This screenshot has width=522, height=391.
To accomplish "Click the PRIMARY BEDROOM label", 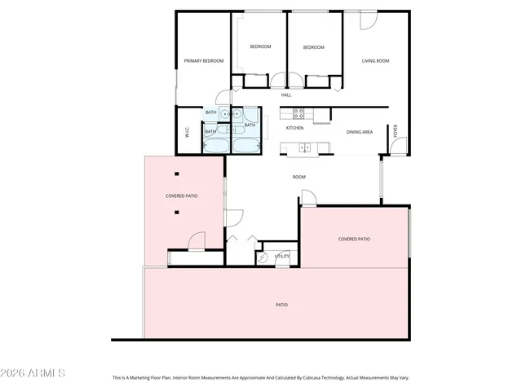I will [x=203, y=61].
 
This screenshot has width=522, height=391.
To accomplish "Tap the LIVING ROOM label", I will [x=375, y=61].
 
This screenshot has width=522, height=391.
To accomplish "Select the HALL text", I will [x=286, y=94].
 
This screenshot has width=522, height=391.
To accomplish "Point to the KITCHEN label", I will [x=294, y=128].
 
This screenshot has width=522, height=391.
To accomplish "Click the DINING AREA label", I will [x=360, y=131].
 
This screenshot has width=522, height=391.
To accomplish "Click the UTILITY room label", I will [x=282, y=256].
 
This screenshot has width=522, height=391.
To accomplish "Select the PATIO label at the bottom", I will [x=281, y=305].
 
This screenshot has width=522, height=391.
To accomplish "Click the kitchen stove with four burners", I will [x=299, y=113].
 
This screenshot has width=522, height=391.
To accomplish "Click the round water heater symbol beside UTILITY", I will [x=262, y=257].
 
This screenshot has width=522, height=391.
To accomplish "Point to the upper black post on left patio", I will [x=177, y=174].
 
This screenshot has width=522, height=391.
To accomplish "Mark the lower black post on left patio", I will [x=177, y=213].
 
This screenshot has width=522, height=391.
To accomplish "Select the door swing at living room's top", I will [x=367, y=20].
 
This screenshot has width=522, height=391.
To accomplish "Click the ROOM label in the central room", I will [x=299, y=177].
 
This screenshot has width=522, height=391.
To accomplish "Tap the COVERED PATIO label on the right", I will [x=354, y=239].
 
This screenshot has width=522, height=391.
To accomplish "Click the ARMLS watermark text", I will [x=33, y=373].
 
